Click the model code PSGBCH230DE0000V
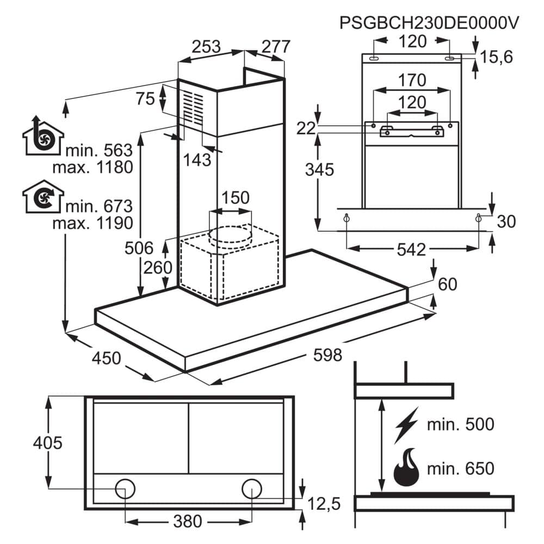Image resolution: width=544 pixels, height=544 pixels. (429, 23)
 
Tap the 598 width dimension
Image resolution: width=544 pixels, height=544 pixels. (327, 355)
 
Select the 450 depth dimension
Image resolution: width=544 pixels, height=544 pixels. (106, 358)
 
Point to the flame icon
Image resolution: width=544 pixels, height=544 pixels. (406, 467)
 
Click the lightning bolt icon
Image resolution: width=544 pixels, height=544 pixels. (406, 425)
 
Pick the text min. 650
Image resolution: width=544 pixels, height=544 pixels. (460, 468)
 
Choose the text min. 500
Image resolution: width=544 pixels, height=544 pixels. (460, 424)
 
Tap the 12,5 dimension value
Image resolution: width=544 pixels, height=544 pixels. (324, 504)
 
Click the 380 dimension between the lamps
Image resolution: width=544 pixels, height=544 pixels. (187, 521)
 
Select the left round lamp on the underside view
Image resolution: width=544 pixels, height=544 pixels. (125, 489)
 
